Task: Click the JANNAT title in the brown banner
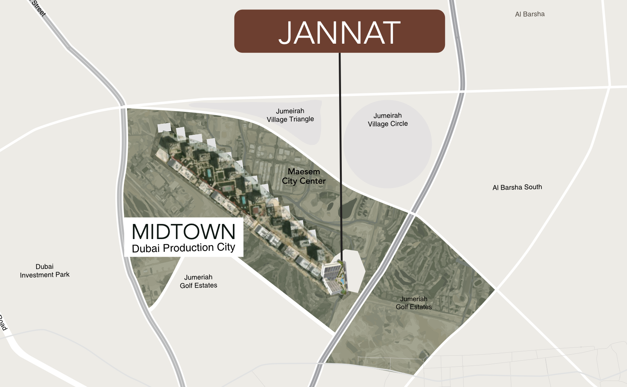coord(339,33)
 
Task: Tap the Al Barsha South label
coord(517,187)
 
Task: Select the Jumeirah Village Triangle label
coord(290,115)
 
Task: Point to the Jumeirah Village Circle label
coord(388,120)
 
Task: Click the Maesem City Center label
coord(304,176)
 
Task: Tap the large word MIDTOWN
coord(184,232)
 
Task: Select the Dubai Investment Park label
coord(44,271)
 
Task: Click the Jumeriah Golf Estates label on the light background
coord(199,281)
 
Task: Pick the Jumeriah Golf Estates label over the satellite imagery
coord(414,303)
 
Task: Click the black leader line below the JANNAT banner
coord(340,151)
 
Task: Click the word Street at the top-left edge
coord(38,8)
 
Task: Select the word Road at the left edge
coord(3,323)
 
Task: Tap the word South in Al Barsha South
coord(532,187)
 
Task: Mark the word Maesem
coord(304,172)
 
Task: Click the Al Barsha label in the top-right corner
coord(530,14)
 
